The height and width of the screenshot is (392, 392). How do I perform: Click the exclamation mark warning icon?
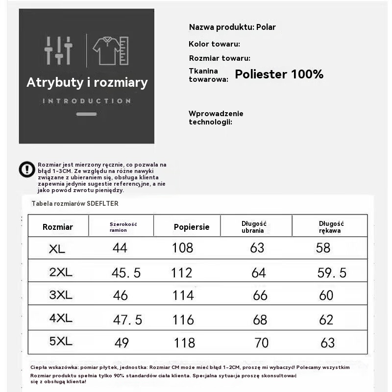(x=27, y=169)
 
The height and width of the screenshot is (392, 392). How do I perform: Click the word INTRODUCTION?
(x=87, y=101)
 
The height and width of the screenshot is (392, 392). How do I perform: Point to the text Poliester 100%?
(x=279, y=74)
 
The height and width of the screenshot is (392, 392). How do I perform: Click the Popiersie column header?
(x=192, y=227)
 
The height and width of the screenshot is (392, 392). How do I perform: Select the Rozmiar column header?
(x=58, y=227)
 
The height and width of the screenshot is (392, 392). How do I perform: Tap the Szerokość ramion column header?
(x=123, y=227)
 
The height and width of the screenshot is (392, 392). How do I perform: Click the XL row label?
(x=57, y=249)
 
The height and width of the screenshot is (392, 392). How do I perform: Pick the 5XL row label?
(x=61, y=342)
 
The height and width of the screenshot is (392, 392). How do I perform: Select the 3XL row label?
(x=61, y=295)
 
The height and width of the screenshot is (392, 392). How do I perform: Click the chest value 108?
(x=182, y=248)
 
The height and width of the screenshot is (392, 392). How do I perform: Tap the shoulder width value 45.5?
(x=126, y=272)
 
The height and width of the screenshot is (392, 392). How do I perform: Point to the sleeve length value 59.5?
(x=332, y=272)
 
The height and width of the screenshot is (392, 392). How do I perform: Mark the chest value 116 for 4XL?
(x=183, y=320)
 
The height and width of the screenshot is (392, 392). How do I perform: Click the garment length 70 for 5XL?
(x=262, y=342)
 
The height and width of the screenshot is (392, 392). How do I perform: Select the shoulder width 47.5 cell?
(x=127, y=320)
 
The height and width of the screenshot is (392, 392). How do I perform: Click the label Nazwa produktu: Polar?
(x=232, y=27)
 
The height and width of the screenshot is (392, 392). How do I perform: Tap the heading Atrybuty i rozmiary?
(x=87, y=82)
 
